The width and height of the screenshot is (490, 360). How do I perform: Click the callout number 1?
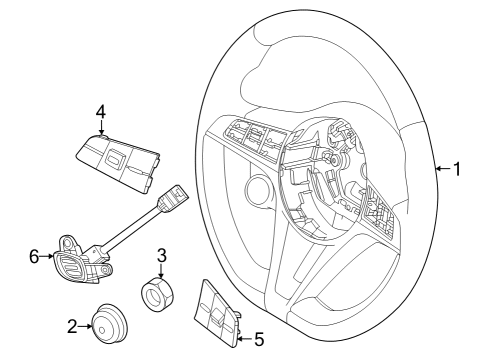coord(457,169)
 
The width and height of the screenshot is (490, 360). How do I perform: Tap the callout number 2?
coord(72,325)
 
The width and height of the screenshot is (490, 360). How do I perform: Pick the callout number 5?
coord(258,339)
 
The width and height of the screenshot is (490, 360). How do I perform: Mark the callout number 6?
coord(33,257)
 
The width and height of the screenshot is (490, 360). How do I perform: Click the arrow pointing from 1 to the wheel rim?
coord(441,169)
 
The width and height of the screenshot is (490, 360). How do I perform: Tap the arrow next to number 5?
coord(242,339)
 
